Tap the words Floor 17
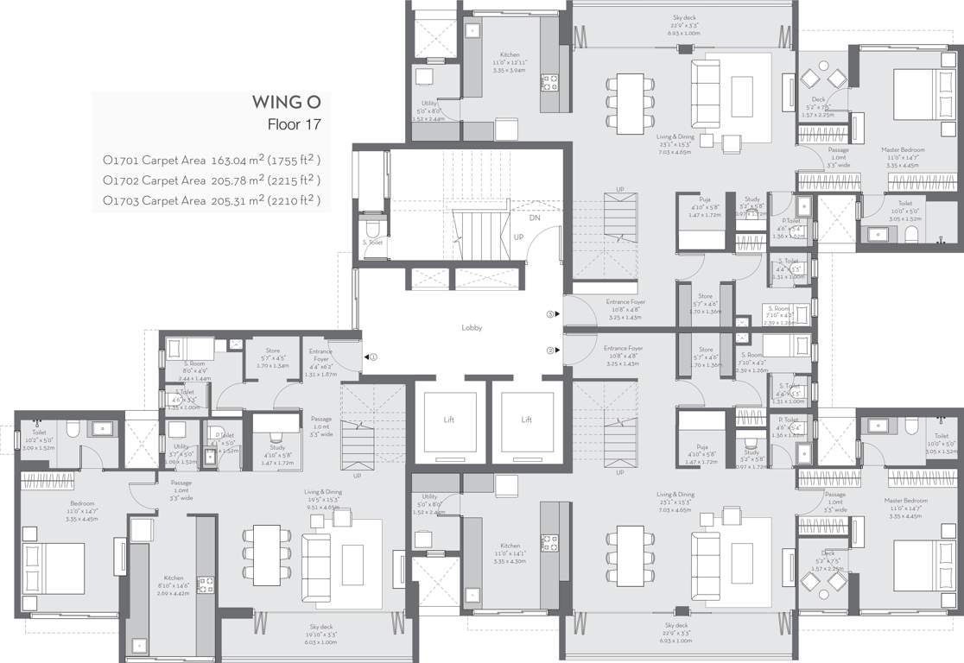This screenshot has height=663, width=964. click(295, 124)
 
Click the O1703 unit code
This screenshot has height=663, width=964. click(120, 200)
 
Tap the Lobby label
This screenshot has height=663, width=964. click(471, 328)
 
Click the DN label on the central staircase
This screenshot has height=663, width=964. click(535, 218)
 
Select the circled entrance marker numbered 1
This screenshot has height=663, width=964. click(372, 357)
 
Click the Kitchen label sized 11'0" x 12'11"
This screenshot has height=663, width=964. click(510, 54)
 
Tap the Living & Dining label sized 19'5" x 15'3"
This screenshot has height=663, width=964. click(322, 491)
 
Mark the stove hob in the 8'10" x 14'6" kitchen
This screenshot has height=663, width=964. click(206, 586)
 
